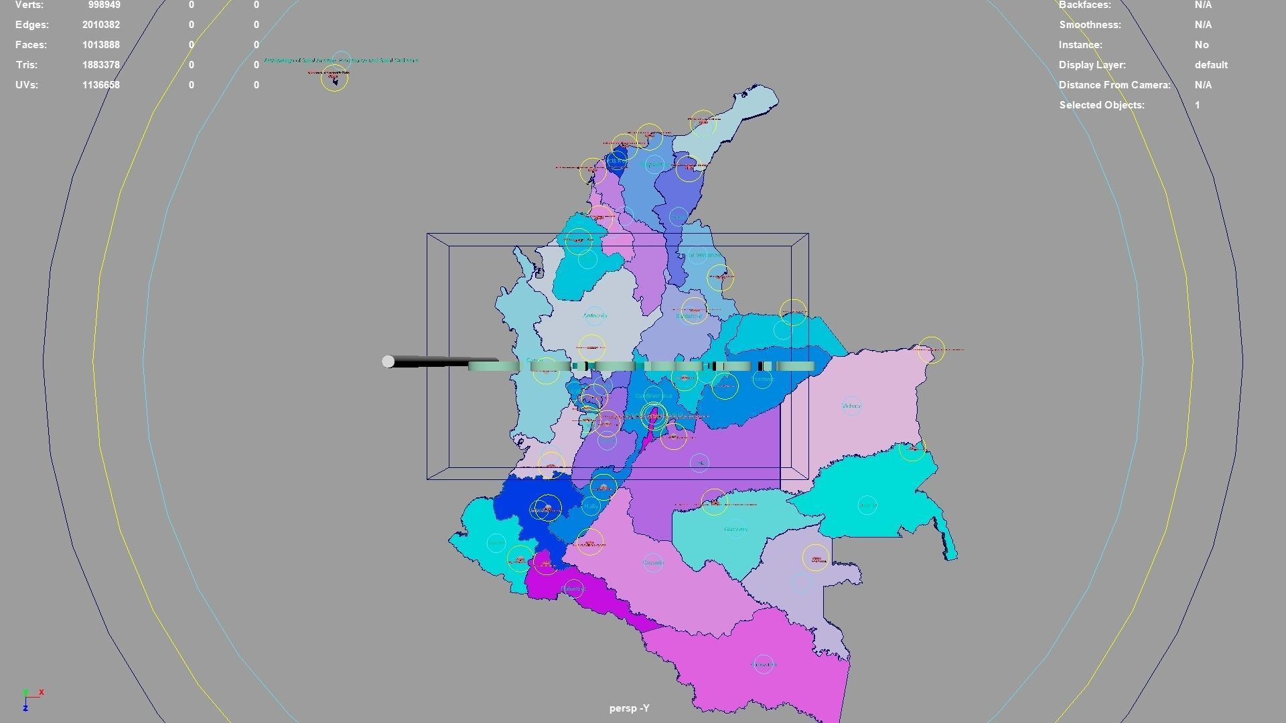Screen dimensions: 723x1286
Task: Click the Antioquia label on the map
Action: (x=595, y=315)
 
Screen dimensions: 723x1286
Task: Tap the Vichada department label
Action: (x=851, y=406)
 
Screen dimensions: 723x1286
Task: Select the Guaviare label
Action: (x=735, y=529)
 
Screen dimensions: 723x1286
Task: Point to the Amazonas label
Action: (x=763, y=664)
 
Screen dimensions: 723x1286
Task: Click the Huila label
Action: (x=591, y=507)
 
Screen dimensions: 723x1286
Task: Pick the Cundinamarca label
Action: (x=653, y=396)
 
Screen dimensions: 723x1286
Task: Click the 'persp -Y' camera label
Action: (x=629, y=708)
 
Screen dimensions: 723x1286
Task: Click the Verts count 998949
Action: (x=104, y=5)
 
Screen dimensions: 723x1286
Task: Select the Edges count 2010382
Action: (x=101, y=25)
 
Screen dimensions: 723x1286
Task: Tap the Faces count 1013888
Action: (x=101, y=45)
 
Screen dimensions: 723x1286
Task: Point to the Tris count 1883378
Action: (x=101, y=65)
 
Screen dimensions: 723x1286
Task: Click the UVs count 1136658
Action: (x=101, y=85)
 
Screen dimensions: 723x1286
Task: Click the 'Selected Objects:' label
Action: (x=1101, y=105)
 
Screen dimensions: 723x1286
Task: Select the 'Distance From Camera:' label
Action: (x=1115, y=85)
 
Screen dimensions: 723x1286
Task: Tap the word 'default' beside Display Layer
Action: (x=1210, y=65)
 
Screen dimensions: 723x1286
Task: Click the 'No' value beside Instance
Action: (x=1201, y=45)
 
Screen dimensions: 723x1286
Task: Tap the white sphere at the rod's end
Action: (x=388, y=361)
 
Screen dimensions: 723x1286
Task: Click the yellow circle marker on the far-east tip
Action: (x=930, y=349)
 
